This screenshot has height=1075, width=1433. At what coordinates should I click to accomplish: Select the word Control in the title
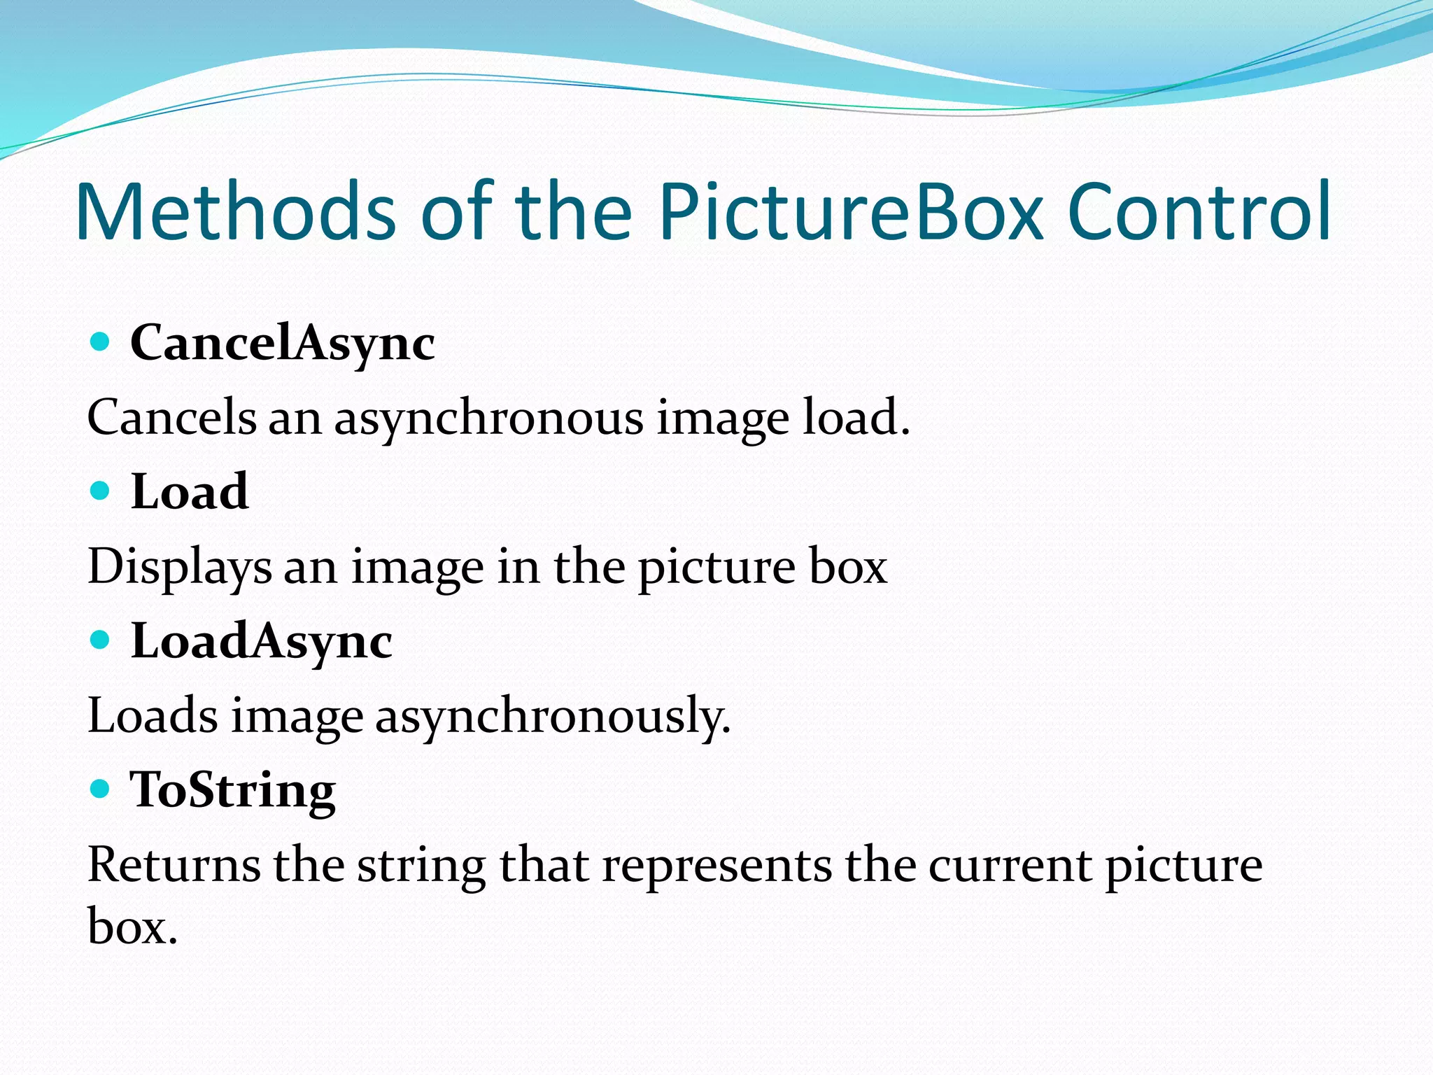coord(1199,212)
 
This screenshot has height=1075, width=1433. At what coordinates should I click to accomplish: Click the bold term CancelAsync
coord(283,344)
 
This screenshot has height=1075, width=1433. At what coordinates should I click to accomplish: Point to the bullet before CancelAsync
coord(101,342)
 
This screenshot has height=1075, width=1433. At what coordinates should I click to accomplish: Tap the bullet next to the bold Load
coord(101,491)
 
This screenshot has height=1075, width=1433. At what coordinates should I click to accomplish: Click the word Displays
coord(179,568)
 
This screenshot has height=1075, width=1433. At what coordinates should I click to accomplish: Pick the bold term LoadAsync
coord(262,642)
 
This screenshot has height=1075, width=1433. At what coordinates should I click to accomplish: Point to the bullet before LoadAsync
coord(101,640)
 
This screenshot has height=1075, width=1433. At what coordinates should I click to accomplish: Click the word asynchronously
coord(553,717)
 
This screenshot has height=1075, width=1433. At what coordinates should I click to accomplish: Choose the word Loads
coord(153,716)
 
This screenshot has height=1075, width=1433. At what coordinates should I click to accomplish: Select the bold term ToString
coord(233,791)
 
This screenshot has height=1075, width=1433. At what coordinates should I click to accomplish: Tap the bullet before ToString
coord(101,789)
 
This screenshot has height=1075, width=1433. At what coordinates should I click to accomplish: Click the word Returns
coord(174,865)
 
